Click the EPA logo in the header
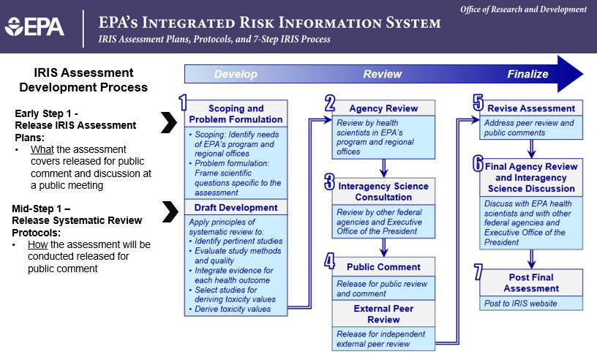click(x=34, y=27)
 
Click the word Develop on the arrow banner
click(x=236, y=75)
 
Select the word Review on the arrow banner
click(x=382, y=74)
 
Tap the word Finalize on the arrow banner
click(x=527, y=74)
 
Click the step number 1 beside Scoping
click(x=183, y=102)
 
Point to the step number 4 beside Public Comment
click(x=329, y=261)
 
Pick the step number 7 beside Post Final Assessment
click(x=478, y=271)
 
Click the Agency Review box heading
click(x=383, y=108)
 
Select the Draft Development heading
click(x=236, y=208)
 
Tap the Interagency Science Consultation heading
click(x=383, y=192)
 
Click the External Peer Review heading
click(x=383, y=314)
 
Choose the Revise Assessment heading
click(x=531, y=108)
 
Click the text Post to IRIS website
click(x=520, y=304)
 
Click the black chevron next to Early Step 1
click(x=169, y=122)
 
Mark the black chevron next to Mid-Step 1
click(x=170, y=211)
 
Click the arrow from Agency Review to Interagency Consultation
click(x=384, y=168)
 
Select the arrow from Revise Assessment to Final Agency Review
click(x=531, y=149)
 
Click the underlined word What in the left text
click(x=42, y=149)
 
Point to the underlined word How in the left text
click(x=38, y=244)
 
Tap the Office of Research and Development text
click(x=523, y=9)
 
